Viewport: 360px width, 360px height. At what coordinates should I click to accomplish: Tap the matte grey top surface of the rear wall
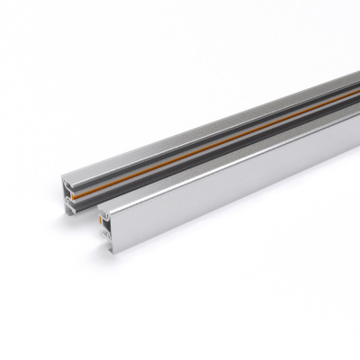180,126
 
